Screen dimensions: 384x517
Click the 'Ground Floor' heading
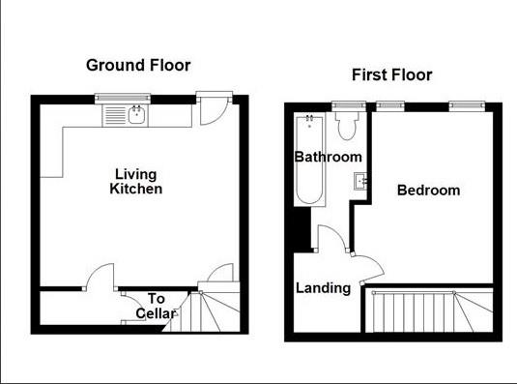click(138, 66)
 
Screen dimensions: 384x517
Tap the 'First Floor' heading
click(391, 74)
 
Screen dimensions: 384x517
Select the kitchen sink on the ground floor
click(136, 116)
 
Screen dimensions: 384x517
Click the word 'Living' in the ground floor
click(135, 174)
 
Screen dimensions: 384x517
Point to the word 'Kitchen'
click(135, 189)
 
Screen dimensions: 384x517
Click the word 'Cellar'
click(156, 313)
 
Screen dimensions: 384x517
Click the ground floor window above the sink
click(123, 97)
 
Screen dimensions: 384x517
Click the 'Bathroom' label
click(329, 157)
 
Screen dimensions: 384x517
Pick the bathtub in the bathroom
click(309, 159)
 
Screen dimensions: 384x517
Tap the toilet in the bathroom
click(347, 127)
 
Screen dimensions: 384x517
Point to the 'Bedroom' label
click(429, 191)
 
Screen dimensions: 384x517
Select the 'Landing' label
click(323, 287)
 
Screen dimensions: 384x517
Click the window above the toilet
click(342, 104)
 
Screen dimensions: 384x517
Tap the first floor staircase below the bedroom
click(430, 311)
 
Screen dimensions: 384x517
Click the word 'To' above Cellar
click(156, 299)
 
